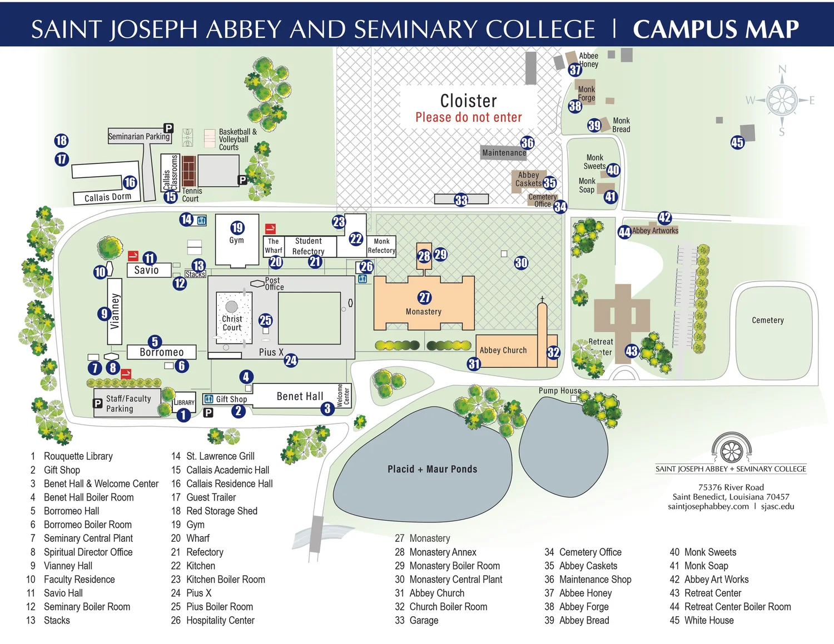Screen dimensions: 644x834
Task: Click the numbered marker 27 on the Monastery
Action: [x=425, y=297]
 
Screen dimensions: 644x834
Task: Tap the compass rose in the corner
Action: [x=782, y=101]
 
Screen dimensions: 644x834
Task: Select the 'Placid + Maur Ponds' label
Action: [x=432, y=469]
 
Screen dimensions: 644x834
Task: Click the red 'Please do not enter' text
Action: [x=469, y=117]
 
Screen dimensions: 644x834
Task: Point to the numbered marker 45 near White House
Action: [x=737, y=142]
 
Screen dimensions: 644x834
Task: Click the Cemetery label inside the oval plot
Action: [x=767, y=320]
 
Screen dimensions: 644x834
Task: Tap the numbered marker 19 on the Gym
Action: [x=237, y=227]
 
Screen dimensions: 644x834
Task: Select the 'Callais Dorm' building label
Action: [x=107, y=197]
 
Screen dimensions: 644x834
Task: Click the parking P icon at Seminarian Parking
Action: [x=168, y=128]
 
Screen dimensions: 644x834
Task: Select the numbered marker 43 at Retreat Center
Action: [x=632, y=351]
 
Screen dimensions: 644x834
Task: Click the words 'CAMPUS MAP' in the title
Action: [x=716, y=29]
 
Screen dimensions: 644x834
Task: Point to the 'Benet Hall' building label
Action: [x=300, y=396]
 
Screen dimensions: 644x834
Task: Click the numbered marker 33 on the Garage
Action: [x=461, y=200]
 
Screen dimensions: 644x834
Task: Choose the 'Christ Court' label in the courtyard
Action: [x=232, y=323]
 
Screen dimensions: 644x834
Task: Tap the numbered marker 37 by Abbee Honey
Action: [x=575, y=69]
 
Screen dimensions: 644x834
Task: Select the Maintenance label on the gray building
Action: [x=504, y=153]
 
